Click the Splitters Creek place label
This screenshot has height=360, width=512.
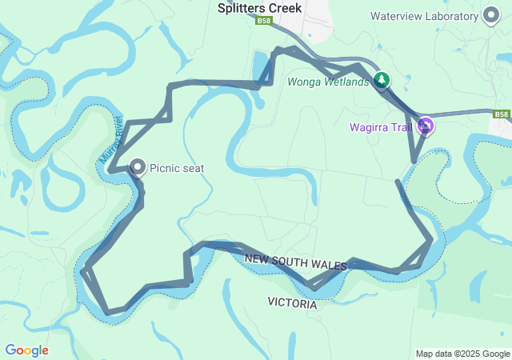click(259, 8)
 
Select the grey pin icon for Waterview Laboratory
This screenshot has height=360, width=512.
click(490, 16)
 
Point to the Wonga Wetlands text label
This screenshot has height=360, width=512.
click(329, 81)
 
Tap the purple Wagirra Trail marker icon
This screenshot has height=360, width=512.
click(426, 126)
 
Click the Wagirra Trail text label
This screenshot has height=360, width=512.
click(381, 127)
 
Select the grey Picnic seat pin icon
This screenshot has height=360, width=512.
click(138, 167)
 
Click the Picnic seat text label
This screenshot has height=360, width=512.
click(177, 168)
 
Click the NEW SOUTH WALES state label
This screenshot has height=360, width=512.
click(295, 260)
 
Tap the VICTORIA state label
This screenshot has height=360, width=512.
click(292, 304)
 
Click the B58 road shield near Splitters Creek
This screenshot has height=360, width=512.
click(265, 22)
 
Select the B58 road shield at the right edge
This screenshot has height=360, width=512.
click(502, 115)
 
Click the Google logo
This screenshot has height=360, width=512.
click(26, 350)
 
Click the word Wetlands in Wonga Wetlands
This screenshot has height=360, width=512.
click(346, 81)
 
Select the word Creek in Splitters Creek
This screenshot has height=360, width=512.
click(285, 8)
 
